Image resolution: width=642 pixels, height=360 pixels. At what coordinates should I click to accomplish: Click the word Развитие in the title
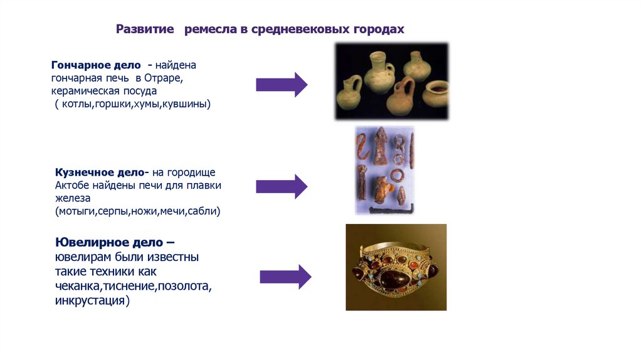pyautogui.click(x=146, y=29)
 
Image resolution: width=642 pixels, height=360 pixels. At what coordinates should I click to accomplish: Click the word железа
pyautogui.click(x=73, y=198)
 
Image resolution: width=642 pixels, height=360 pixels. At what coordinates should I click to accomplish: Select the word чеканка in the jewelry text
pyautogui.click(x=78, y=287)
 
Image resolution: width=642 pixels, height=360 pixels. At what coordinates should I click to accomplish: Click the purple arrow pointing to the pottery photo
pyautogui.click(x=282, y=84)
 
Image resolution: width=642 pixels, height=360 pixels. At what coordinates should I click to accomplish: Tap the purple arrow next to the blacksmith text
pyautogui.click(x=282, y=186)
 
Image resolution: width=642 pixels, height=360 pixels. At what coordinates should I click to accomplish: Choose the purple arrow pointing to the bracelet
pyautogui.click(x=285, y=277)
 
